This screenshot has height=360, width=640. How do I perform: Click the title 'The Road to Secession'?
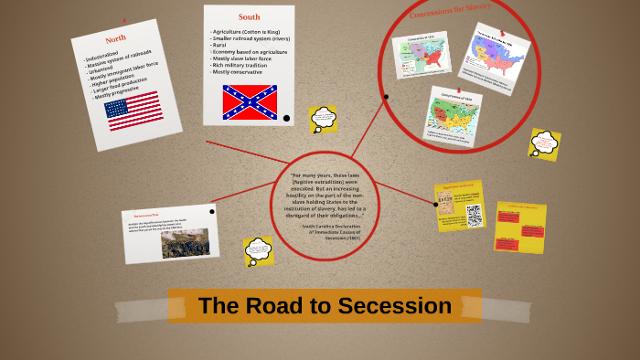click(x=325, y=306)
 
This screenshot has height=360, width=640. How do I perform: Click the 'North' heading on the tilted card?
click(x=115, y=38)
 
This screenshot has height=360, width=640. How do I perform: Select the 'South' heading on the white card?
click(x=249, y=16)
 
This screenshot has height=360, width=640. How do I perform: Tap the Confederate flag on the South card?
click(x=250, y=101)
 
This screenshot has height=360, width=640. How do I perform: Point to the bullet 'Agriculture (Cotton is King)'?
click(x=251, y=32)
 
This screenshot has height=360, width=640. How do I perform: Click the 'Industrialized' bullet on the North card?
click(x=106, y=60)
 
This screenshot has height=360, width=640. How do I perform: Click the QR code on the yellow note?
click(x=474, y=215)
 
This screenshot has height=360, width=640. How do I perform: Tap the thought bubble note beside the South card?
click(x=323, y=119)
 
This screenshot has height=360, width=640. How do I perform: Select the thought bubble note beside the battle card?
click(x=259, y=249)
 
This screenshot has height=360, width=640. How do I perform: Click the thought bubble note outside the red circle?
click(x=544, y=143)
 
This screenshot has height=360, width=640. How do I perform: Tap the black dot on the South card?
click(x=286, y=118)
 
